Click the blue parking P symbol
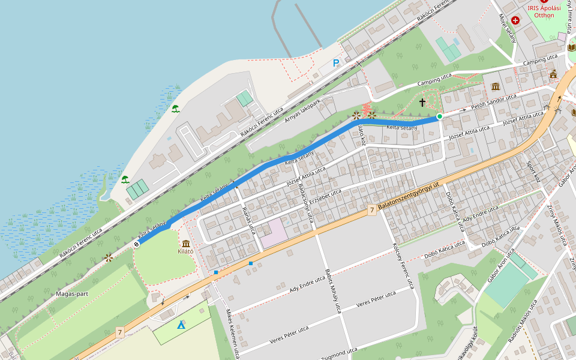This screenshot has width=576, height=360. pos(336,63)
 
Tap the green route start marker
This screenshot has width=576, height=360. pos(440,116)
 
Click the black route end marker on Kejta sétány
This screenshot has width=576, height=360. pos(137,244)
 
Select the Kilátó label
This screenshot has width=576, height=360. pos(185,252)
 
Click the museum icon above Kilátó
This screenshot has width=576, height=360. pos(185,243)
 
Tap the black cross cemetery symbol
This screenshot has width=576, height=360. pos(422,103)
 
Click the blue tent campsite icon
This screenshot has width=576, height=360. pos(181,325)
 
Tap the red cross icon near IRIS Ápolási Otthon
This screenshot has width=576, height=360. pos(515,20)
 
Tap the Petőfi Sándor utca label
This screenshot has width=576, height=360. pos(493,102)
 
